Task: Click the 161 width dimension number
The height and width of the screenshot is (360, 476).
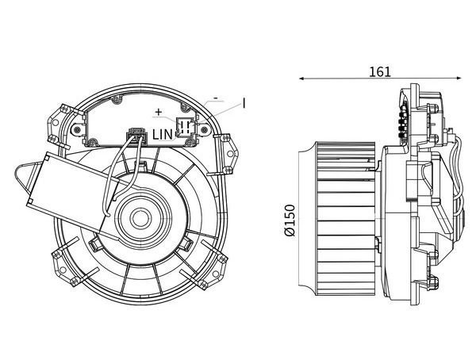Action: [x=380, y=72]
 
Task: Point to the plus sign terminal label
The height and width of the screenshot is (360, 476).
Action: [x=159, y=112]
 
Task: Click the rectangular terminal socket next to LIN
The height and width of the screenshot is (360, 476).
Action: [x=185, y=127]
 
